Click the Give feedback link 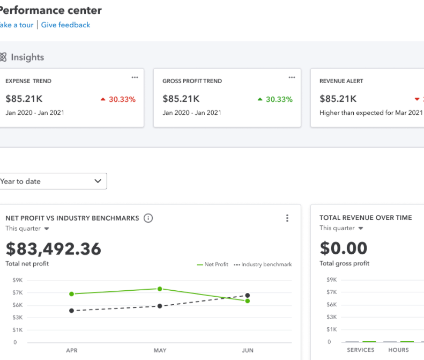[65, 25]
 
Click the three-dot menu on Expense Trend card [135, 77]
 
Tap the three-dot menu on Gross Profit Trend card [292, 77]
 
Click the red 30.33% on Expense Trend [118, 99]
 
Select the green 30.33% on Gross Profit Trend [275, 99]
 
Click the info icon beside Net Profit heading [148, 218]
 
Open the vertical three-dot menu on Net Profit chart [287, 218]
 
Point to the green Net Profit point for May [160, 289]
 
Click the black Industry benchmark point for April [72, 311]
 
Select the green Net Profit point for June [248, 301]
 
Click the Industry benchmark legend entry [263, 265]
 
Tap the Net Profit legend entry [213, 265]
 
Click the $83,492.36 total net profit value [53, 248]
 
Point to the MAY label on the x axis [160, 350]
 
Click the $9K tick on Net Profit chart [18, 280]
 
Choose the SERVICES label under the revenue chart [360, 350]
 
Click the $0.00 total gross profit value [344, 248]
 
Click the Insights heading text [27, 57]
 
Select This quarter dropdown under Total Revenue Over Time [341, 228]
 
